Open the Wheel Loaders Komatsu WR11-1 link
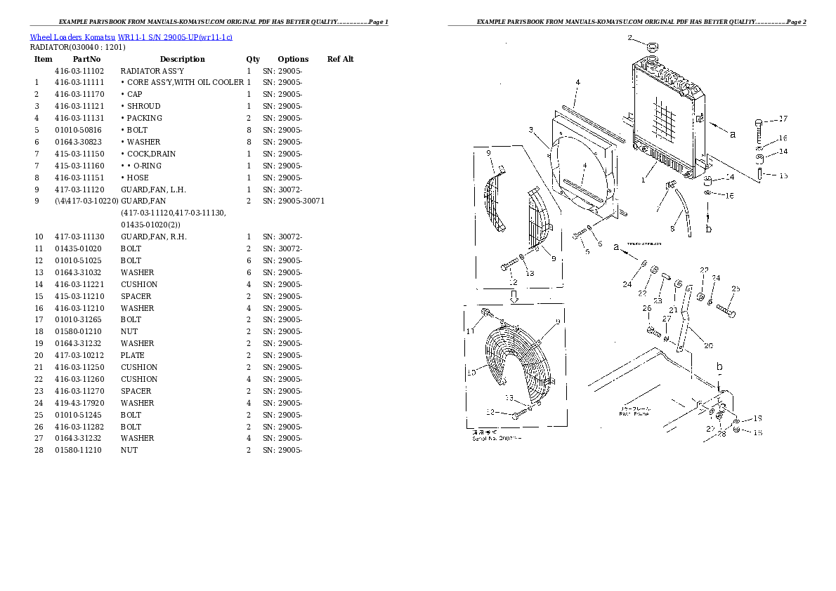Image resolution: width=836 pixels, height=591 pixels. [x=131, y=36]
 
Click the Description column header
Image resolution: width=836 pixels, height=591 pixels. [x=182, y=59]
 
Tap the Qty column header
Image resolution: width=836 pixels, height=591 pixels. [x=253, y=59]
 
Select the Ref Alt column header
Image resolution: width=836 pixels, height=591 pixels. [x=341, y=59]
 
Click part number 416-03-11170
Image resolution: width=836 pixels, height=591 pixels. [x=79, y=94]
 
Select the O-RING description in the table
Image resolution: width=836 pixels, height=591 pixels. [x=145, y=166]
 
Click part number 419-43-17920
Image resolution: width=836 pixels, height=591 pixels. [x=79, y=403]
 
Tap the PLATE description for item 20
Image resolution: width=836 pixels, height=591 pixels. [x=133, y=355]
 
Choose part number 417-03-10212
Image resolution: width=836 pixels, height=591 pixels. [x=79, y=355]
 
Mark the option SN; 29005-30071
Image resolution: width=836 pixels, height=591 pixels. [x=293, y=201]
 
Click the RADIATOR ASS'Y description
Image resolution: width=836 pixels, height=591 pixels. [x=152, y=71]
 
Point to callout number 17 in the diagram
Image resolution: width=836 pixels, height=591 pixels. [x=783, y=119]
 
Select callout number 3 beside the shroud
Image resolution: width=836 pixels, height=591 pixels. [x=532, y=128]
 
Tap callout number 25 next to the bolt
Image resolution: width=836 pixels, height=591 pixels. [x=736, y=288]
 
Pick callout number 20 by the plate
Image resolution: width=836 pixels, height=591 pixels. [x=708, y=345]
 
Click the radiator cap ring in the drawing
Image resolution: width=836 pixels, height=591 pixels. [x=653, y=47]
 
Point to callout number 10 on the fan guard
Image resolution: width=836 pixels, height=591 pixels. [x=471, y=372]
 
